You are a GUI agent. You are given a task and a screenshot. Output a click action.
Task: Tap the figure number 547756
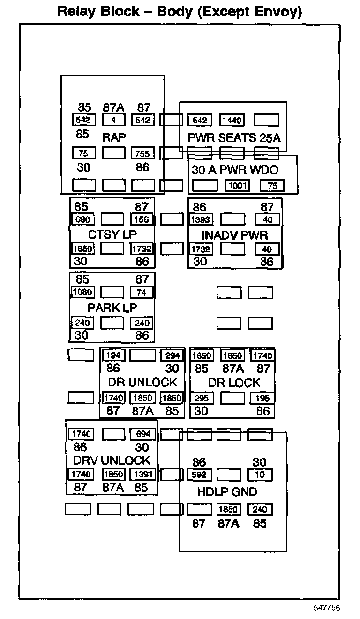(x=327, y=607)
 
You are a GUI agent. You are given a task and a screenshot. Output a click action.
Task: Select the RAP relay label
(x=114, y=137)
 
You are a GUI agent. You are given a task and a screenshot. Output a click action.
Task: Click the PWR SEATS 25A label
(x=234, y=137)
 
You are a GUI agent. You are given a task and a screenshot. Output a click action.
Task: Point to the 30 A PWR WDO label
(x=235, y=170)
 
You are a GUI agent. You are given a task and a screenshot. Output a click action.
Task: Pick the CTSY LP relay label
(x=112, y=234)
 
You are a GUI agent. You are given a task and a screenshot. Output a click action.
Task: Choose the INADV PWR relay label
(x=234, y=235)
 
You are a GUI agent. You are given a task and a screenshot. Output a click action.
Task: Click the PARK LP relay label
(x=112, y=308)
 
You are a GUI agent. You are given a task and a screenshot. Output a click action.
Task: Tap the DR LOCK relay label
(x=234, y=383)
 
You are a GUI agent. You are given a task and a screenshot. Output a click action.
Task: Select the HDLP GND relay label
(x=227, y=491)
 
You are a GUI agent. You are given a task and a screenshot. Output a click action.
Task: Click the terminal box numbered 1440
(x=232, y=120)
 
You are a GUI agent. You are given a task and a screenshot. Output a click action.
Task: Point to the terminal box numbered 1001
(x=237, y=185)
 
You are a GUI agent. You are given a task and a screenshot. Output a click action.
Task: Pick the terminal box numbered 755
(x=142, y=153)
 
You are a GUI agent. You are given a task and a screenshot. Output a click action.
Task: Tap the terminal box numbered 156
(x=142, y=219)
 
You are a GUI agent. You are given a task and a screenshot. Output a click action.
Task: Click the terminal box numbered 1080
(x=82, y=292)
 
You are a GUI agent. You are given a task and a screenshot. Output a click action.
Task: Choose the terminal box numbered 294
(x=172, y=355)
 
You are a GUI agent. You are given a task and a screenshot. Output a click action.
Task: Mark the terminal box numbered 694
(x=143, y=434)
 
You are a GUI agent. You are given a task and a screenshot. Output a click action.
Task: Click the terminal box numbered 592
(x=199, y=475)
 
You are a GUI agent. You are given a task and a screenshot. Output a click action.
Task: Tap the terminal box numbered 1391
(x=143, y=474)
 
